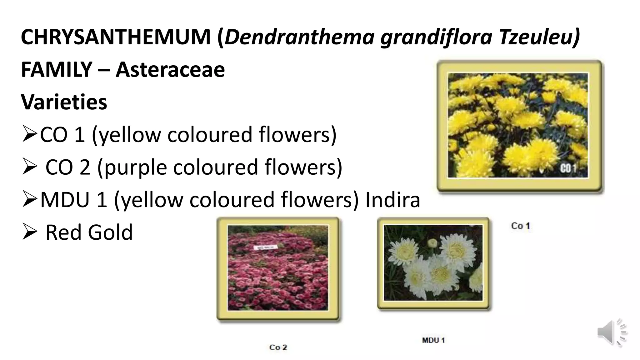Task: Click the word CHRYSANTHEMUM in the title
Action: [116, 37]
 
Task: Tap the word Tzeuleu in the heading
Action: [538, 37]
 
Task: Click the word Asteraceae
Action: [170, 69]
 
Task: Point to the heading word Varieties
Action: [64, 102]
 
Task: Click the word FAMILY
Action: [57, 69]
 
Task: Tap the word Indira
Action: [392, 200]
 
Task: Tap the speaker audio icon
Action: [612, 332]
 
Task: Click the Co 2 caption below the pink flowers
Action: [278, 347]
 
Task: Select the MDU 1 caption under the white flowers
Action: [433, 340]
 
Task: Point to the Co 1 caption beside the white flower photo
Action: [520, 226]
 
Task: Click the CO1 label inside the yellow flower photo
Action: [568, 169]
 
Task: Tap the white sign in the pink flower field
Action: [265, 247]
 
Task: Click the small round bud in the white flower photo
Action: [432, 242]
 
